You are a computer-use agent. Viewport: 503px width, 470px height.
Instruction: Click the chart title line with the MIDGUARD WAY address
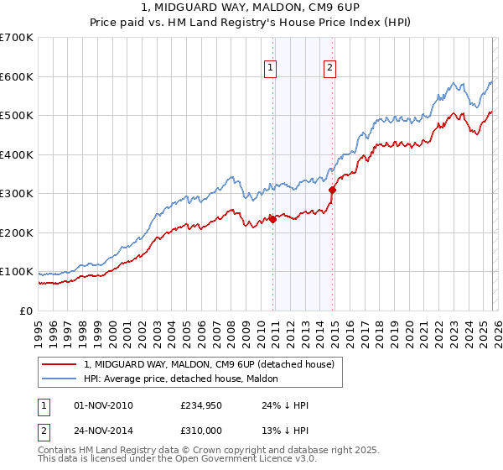pos(251,8)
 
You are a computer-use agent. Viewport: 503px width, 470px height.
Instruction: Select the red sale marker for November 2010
pos(272,219)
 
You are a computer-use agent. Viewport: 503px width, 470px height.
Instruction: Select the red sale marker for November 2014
pos(333,190)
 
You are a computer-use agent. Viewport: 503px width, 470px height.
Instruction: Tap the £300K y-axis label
pos(17,194)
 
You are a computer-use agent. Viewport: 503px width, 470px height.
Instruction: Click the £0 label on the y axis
pos(25,311)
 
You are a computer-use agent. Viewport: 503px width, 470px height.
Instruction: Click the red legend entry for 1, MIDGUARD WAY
pos(209,364)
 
